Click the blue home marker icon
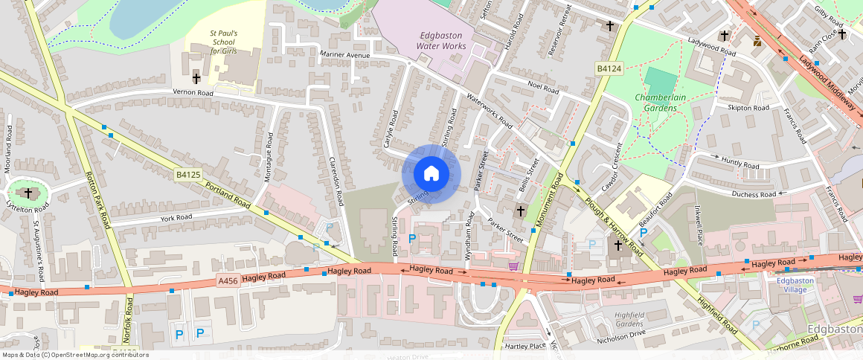[431, 174]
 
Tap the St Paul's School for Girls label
[224, 42]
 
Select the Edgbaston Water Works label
[443, 41]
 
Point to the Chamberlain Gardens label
[656, 103]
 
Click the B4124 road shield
[609, 68]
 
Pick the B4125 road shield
[188, 175]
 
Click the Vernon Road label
[193, 93]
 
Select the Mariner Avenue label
[345, 55]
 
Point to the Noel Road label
[542, 88]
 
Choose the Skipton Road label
[748, 108]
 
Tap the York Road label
[176, 218]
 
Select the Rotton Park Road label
[97, 201]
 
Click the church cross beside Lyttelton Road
[29, 193]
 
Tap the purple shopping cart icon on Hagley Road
[513, 266]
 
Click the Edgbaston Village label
[795, 285]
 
